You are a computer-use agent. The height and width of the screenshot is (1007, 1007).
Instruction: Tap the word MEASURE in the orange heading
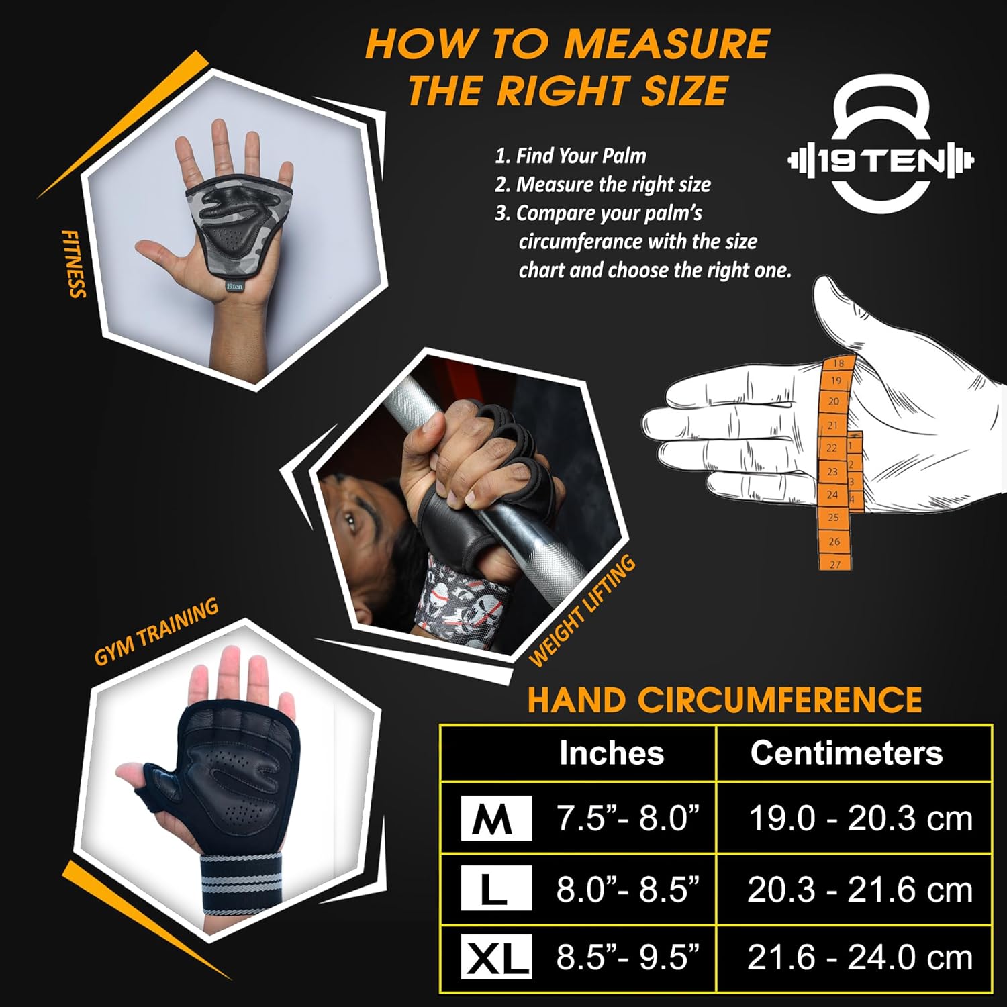tap(666, 44)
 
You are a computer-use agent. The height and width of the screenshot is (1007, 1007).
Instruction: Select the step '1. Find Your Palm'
tap(571, 156)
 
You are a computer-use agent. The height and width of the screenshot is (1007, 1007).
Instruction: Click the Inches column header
tap(612, 753)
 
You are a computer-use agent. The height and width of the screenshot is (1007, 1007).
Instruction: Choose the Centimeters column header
tap(847, 753)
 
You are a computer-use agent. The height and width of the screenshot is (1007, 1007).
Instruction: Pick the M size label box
tap(496, 818)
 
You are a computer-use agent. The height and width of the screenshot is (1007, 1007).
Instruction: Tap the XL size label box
tap(496, 956)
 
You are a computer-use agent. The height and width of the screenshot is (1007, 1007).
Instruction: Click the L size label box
tap(496, 888)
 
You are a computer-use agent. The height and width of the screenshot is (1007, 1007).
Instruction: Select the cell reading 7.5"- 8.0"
tap(628, 818)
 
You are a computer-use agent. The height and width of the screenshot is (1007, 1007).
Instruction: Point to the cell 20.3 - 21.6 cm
tap(860, 890)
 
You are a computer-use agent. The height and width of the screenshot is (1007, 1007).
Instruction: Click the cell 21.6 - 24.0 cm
tap(860, 958)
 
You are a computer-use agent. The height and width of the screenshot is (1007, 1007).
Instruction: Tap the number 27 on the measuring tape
tap(835, 564)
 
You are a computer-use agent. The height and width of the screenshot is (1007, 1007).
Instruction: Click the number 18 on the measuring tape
tap(838, 363)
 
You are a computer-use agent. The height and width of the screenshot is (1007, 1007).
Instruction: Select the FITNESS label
tap(75, 264)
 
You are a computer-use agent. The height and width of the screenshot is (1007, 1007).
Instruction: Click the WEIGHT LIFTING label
tap(581, 611)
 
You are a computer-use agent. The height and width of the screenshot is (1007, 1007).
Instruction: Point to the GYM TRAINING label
tap(156, 632)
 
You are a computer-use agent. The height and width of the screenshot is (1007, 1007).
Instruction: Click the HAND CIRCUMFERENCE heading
tap(724, 700)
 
